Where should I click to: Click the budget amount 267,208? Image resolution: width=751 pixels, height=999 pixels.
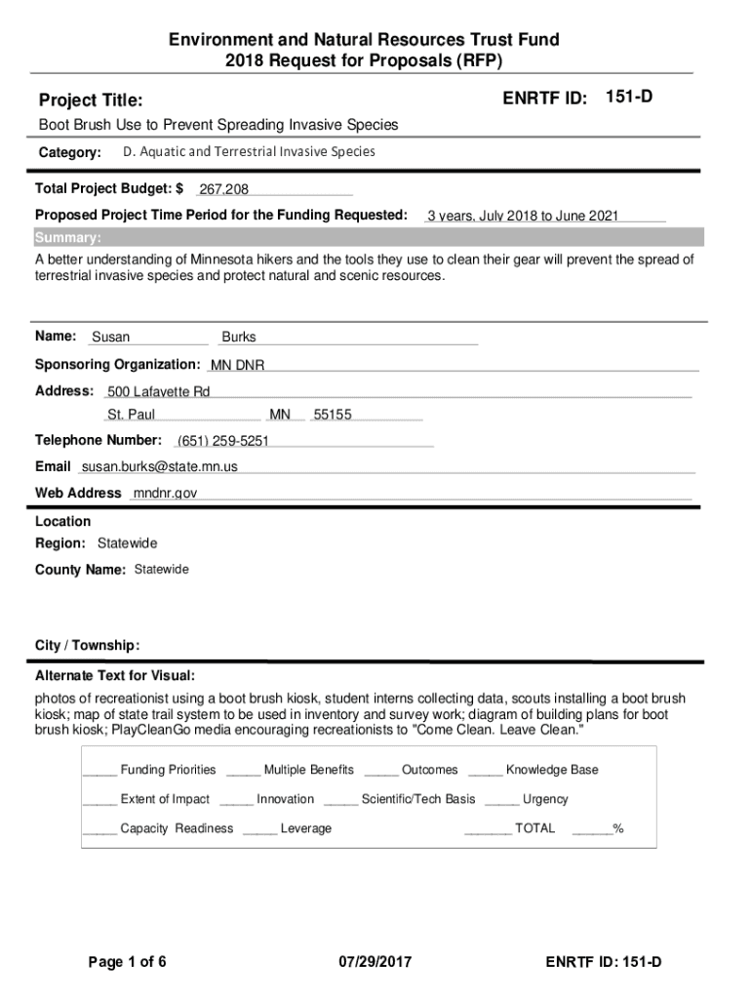coord(223,189)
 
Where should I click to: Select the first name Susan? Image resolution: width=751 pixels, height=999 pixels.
coord(110,338)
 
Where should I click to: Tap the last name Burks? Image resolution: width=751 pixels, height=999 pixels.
coord(239,338)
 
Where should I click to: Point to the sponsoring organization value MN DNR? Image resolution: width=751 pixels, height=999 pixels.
coord(238,366)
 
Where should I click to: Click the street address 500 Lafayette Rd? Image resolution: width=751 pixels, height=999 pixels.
coord(158,392)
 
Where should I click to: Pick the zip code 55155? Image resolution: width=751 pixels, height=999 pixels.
coord(333,416)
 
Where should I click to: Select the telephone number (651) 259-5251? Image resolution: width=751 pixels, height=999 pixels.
coord(222,441)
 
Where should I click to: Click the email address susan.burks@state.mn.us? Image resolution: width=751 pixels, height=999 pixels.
coord(159,467)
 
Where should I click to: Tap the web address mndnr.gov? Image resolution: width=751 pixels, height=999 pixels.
coord(165,494)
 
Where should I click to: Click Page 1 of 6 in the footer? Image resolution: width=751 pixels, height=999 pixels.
coord(127,963)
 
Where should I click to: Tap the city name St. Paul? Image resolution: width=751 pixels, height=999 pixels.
coord(131,416)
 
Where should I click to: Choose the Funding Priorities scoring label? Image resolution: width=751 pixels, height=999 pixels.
coord(168,771)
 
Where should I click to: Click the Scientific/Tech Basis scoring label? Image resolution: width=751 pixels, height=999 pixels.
coord(418,800)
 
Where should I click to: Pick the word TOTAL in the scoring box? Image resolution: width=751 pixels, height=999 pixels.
coord(534,829)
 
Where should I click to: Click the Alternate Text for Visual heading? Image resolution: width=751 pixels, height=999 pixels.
coord(115,676)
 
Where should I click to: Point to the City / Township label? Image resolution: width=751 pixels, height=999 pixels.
coord(88,646)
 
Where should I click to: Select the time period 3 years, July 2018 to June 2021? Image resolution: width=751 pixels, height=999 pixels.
coord(523,217)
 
